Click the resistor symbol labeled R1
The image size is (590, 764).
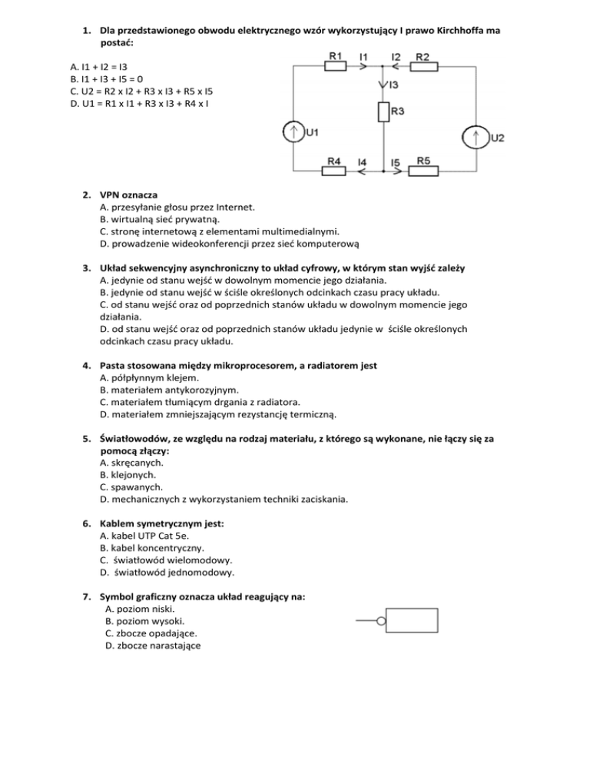[x=336, y=66]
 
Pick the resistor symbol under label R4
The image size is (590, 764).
[x=333, y=171]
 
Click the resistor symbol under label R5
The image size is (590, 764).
[x=423, y=171]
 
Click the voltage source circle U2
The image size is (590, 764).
[x=476, y=138]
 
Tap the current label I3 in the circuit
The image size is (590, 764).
[x=393, y=85]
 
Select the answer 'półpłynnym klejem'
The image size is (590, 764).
[x=147, y=377]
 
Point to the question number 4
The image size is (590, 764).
[x=88, y=366]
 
